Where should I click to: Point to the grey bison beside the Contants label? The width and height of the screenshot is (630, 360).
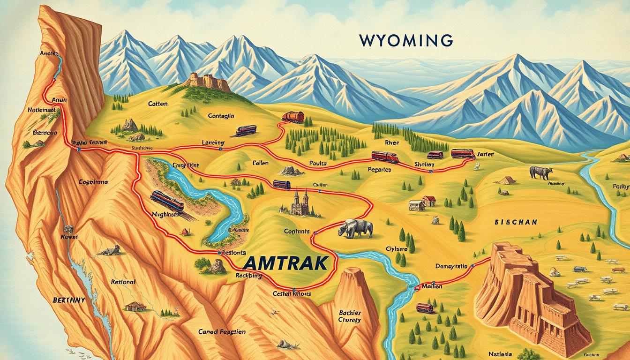(x=356, y=229)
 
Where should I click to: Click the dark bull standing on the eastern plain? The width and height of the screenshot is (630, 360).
(x=541, y=172)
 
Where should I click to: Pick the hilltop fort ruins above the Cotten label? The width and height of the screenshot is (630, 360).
(x=207, y=82)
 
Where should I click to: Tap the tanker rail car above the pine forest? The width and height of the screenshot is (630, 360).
(x=293, y=117)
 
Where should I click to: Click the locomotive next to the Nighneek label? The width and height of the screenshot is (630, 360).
(x=167, y=202)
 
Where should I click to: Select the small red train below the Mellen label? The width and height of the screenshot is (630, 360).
(x=425, y=308)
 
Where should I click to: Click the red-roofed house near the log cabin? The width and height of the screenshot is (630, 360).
(x=428, y=201)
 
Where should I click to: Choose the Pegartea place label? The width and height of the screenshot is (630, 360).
(x=379, y=170)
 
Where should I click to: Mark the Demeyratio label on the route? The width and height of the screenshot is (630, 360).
(x=451, y=266)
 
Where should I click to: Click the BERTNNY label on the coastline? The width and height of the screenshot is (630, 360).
(x=69, y=300)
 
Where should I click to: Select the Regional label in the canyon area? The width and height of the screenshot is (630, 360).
(x=123, y=282)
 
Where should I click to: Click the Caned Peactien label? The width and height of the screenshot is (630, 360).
(x=222, y=331)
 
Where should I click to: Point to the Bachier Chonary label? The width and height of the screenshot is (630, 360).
(x=349, y=316)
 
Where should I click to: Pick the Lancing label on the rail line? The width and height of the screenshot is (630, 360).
(x=213, y=142)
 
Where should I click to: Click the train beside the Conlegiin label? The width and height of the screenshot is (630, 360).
(x=246, y=130)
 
